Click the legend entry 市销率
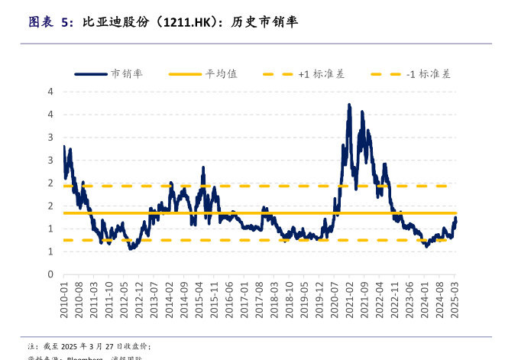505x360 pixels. coord(127,74)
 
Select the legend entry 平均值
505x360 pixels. coord(221,74)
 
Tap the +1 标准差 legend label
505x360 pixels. coord(321,74)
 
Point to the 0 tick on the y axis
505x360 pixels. coord(50,274)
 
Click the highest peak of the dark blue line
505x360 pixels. coord(349,105)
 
